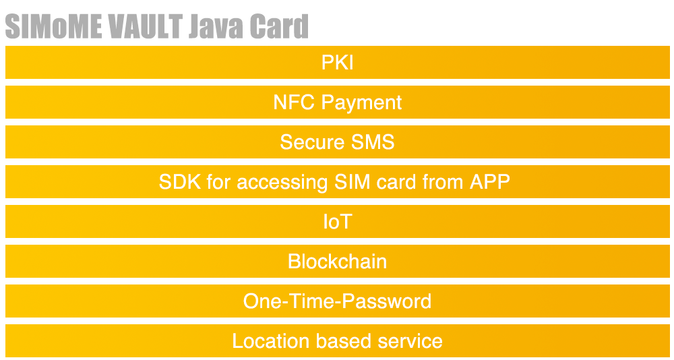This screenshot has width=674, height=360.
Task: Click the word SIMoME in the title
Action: click(x=53, y=26)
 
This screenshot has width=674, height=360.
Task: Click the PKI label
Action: click(x=338, y=63)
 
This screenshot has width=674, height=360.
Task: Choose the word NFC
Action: click(x=295, y=102)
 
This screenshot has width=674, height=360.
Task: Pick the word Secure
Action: click(x=313, y=142)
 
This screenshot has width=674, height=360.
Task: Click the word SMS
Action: click(x=373, y=142)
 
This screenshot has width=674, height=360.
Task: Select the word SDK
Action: click(x=180, y=182)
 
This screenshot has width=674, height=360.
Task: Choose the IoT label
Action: click(x=338, y=222)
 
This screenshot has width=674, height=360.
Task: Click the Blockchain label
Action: click(x=338, y=262)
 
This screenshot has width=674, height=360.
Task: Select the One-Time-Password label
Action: click(x=338, y=301)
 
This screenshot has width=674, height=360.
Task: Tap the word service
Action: click(x=410, y=341)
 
